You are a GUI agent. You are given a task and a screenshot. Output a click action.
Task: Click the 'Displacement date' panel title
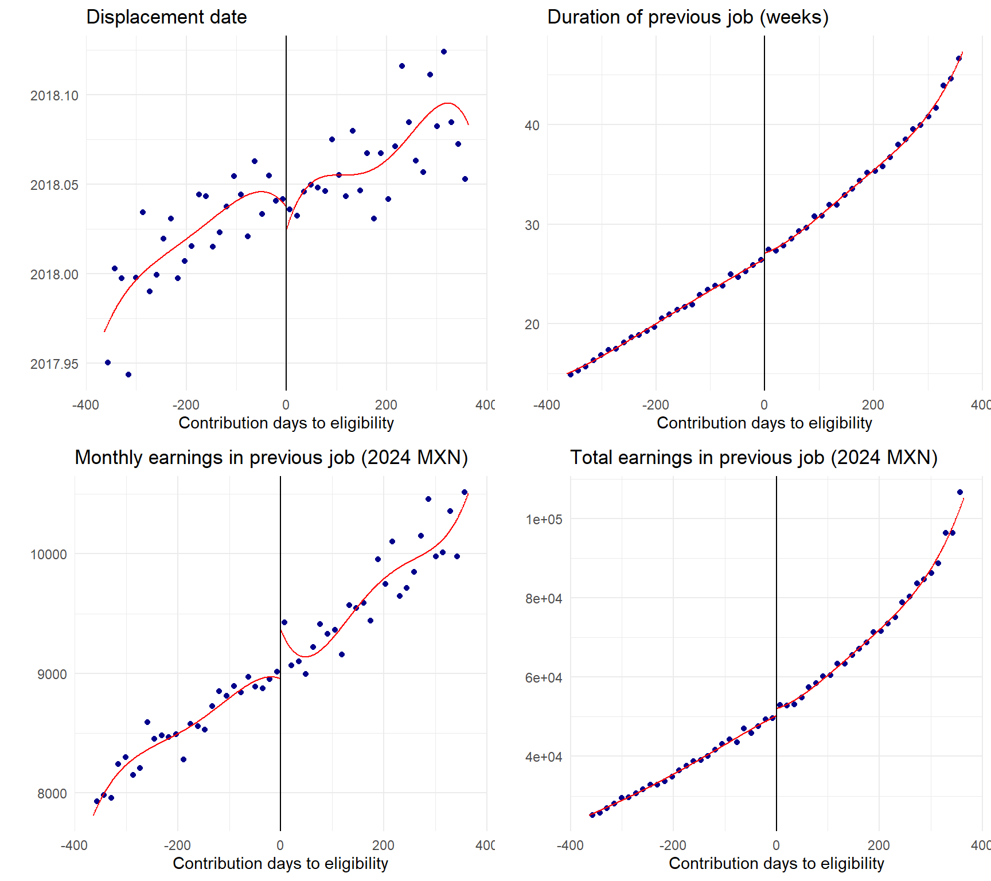(x=166, y=17)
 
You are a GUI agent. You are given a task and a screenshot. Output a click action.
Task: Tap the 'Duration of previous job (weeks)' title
(x=688, y=17)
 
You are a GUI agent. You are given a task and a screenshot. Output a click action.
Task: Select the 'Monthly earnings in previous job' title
(x=271, y=458)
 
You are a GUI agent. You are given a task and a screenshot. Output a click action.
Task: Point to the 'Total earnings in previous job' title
(x=754, y=458)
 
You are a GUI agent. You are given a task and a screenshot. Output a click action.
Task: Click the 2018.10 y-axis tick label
(x=54, y=96)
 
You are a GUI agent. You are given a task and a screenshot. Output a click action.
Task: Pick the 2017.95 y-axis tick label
(x=54, y=364)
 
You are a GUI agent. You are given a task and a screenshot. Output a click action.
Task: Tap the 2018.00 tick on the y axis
(x=54, y=275)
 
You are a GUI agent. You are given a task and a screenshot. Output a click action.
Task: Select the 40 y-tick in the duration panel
(x=532, y=126)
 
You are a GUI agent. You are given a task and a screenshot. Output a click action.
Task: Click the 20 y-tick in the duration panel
(x=532, y=325)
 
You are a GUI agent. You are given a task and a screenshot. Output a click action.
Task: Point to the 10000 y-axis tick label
(x=49, y=555)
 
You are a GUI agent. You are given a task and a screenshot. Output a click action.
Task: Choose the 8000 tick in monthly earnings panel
(x=52, y=794)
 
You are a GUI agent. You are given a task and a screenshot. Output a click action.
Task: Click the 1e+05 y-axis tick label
(x=544, y=520)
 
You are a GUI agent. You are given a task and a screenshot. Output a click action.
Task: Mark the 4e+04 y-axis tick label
(x=544, y=757)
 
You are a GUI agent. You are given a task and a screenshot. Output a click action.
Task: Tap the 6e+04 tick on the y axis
(x=544, y=678)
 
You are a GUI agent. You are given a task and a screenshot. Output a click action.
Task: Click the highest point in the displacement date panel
(x=444, y=52)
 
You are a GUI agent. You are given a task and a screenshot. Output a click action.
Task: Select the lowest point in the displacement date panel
(x=128, y=375)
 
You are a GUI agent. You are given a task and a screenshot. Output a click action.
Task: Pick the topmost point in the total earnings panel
(x=960, y=492)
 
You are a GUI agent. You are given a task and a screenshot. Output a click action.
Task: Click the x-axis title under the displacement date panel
(x=286, y=423)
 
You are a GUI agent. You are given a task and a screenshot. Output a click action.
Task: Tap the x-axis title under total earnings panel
(x=777, y=864)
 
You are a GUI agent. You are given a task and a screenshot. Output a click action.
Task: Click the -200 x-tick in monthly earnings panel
(x=177, y=845)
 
